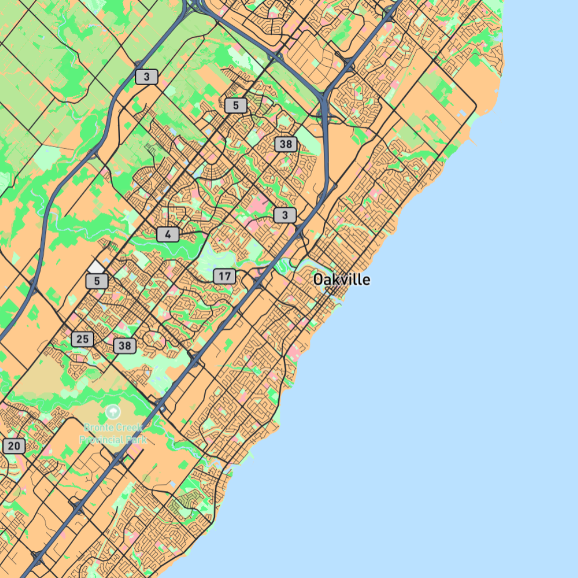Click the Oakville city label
[x=341, y=279]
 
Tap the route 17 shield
[x=224, y=276]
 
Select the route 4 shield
[x=168, y=234]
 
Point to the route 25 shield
[x=82, y=339]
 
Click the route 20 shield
[x=14, y=446]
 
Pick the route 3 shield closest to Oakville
[x=285, y=215]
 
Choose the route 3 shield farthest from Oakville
[x=147, y=77]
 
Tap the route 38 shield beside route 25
[x=125, y=346]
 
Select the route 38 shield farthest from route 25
[x=286, y=143]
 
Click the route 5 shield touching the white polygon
[x=97, y=280]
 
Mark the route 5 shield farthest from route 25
[x=235, y=105]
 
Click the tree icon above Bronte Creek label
[x=112, y=412]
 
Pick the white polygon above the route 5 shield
[x=95, y=267]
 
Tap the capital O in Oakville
[x=318, y=279]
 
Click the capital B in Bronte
[x=87, y=428]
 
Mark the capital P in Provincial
[x=82, y=439]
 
